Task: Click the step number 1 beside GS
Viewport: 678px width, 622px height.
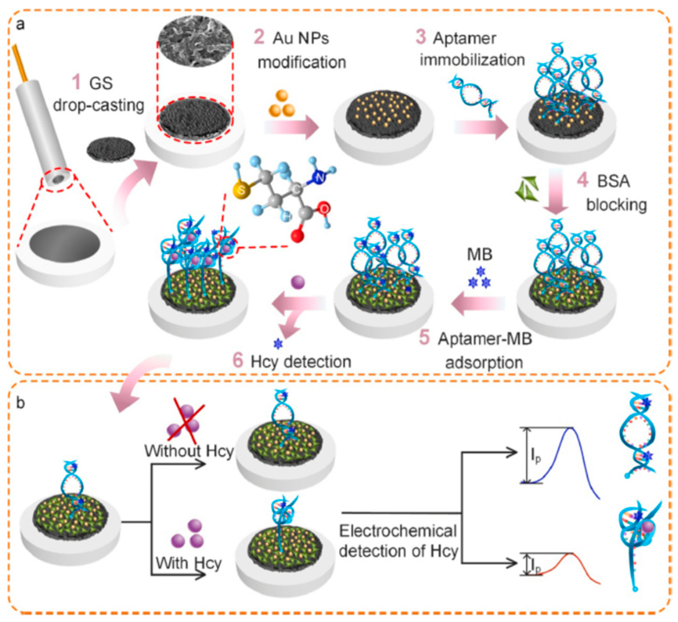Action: pos(77,82)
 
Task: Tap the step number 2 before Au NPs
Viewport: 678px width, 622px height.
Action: pos(259,37)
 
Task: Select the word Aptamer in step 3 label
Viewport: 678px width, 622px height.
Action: pos(465,38)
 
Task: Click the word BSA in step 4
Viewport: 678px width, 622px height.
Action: pos(613,181)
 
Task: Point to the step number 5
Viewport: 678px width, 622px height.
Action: pos(424,338)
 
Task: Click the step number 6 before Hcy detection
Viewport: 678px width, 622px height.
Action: pos(238,361)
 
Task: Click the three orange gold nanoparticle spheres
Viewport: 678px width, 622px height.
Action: pos(281,104)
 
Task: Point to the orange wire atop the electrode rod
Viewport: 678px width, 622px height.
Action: pos(21,64)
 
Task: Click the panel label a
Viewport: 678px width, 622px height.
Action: pos(20,25)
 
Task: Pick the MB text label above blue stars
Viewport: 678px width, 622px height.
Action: pos(480,254)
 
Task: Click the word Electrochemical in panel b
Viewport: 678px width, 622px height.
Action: pos(398,531)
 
